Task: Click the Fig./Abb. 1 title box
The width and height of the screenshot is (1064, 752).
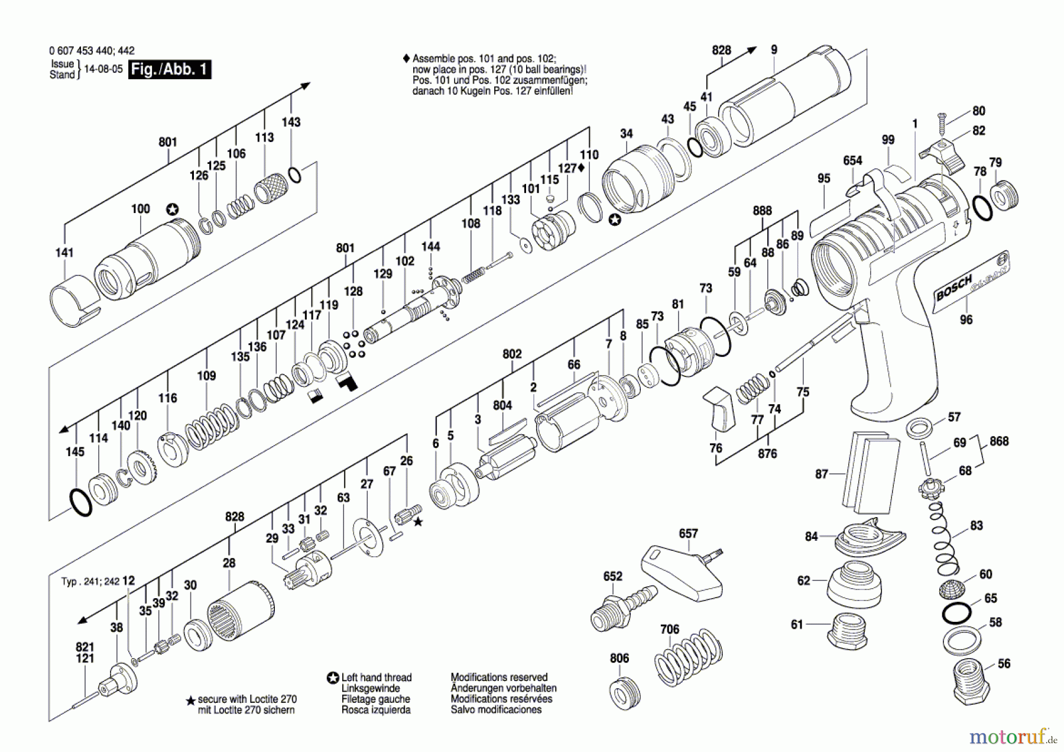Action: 169,69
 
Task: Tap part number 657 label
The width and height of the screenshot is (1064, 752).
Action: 688,533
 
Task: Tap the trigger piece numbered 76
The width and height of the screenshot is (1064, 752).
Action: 719,409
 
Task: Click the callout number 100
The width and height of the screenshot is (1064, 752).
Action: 140,209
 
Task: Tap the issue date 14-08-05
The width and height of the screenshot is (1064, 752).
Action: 103,69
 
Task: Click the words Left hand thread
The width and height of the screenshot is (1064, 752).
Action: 376,677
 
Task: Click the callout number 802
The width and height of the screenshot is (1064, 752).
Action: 512,354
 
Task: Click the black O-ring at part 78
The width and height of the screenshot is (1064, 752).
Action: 982,208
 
